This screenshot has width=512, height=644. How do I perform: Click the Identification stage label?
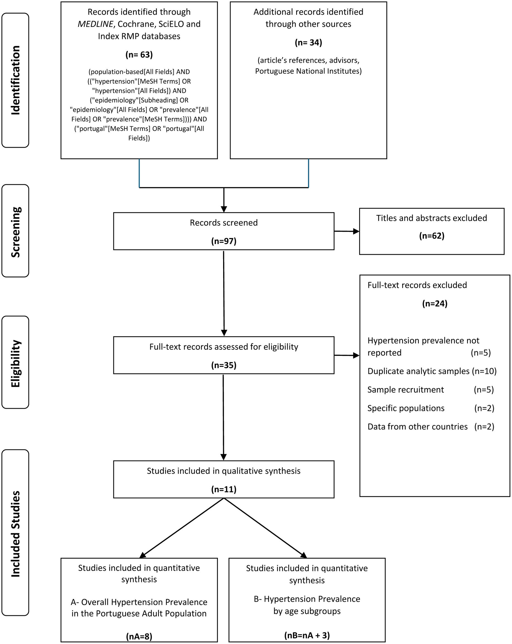pyautogui.click(x=15, y=80)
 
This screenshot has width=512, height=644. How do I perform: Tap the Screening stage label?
pyautogui.click(x=15, y=232)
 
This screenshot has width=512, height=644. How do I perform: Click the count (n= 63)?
pyautogui.click(x=139, y=55)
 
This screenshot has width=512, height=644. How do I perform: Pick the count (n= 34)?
pyautogui.click(x=308, y=43)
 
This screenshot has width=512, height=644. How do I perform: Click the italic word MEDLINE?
pyautogui.click(x=95, y=24)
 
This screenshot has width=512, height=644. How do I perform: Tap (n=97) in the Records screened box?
pyautogui.click(x=224, y=241)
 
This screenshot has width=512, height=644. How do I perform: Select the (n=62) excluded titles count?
pyautogui.click(x=431, y=236)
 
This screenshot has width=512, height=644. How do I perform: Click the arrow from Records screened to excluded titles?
pyautogui.click(x=346, y=231)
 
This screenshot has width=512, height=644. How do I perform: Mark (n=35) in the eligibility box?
pyautogui.click(x=224, y=365)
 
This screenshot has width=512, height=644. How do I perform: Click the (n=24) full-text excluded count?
pyautogui.click(x=434, y=303)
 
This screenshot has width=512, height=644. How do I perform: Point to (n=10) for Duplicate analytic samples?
pyautogui.click(x=484, y=371)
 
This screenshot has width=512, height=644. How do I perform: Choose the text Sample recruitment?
pyautogui.click(x=405, y=390)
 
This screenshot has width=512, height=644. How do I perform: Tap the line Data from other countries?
pyautogui.click(x=417, y=427)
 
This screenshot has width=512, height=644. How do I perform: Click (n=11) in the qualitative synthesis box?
pyautogui.click(x=224, y=489)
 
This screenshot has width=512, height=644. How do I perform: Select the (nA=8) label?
pyautogui.click(x=139, y=636)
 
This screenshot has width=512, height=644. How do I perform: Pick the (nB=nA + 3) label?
pyautogui.click(x=307, y=635)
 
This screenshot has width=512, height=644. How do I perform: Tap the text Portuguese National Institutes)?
pyautogui.click(x=308, y=71)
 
